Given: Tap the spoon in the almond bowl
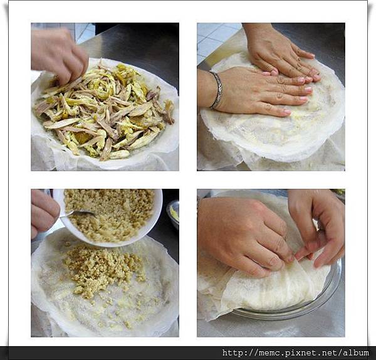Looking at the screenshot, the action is [x=76, y=213].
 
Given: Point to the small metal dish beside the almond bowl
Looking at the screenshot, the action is [x=174, y=214].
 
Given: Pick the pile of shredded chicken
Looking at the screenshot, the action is [x=104, y=110].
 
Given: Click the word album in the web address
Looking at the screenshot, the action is [x=356, y=352].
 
